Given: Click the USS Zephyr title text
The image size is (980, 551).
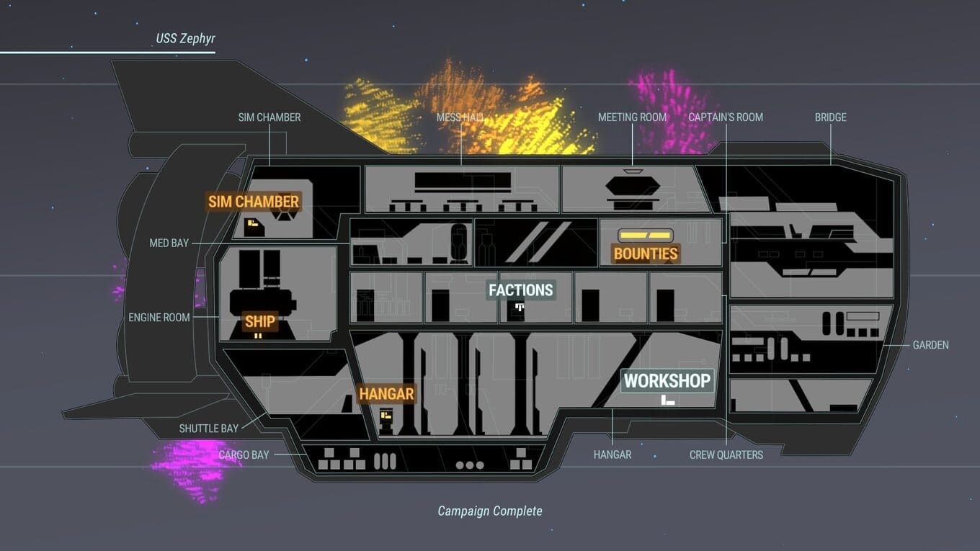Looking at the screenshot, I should pos(185,38).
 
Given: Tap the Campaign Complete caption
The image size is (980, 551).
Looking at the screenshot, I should pos(490,511).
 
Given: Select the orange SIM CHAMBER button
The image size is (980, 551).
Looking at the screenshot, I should pos(254,202).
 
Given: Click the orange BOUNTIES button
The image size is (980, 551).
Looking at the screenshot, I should pos(646,254).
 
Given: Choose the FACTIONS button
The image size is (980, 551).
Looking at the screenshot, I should pos(520,290).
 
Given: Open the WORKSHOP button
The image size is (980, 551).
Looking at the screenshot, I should pos(667,380).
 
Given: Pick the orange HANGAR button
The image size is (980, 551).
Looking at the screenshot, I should pos(386,394).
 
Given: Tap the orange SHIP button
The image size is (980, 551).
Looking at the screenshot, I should pos(259,321).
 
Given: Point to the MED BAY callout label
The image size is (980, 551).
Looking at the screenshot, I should pos(169,243).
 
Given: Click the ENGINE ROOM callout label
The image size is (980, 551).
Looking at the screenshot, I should pos(159,317).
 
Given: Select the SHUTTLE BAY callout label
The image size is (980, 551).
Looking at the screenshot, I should pos(208,429).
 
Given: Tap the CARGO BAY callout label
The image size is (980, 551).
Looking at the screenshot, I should pos(244,455).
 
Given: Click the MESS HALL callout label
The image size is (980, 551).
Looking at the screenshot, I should pos(460,117).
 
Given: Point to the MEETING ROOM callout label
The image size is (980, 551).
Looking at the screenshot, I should pos(632,117).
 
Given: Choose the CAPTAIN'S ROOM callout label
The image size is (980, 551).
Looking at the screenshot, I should pos(725,117).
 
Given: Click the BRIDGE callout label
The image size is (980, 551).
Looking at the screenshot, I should pos(830,117).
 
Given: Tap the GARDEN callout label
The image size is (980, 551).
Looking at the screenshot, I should pos(930,345).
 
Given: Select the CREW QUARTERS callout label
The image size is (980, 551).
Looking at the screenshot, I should pos(726,454).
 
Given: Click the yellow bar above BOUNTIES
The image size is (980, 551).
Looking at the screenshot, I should pos(646,236).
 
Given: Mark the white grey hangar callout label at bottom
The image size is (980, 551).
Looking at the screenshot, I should pos(612,454).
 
